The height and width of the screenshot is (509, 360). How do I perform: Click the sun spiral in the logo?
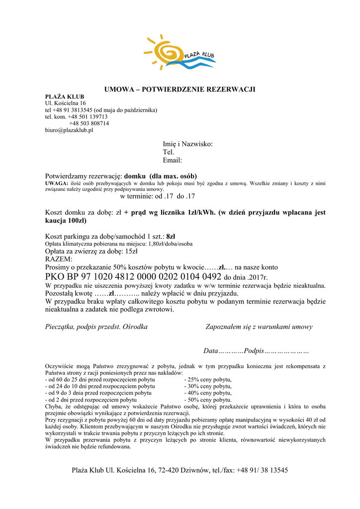click(165, 49)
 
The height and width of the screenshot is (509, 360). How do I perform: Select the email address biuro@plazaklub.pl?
click(69, 130)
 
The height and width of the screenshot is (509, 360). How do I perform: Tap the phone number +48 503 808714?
click(89, 123)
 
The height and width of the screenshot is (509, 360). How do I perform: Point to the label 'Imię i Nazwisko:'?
click(187, 144)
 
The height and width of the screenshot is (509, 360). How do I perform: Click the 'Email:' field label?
click(172, 161)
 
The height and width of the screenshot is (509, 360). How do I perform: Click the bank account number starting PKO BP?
click(133, 277)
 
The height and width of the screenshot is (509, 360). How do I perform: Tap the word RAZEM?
click(59, 259)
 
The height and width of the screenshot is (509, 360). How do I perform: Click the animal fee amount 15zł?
click(131, 252)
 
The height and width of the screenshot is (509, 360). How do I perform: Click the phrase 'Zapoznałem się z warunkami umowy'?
click(259, 327)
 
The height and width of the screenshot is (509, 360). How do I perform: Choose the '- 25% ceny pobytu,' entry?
click(208, 379)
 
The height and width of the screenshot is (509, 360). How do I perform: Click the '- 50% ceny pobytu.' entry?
click(208, 399)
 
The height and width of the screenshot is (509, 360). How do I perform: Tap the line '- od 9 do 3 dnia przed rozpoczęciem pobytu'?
click(98, 393)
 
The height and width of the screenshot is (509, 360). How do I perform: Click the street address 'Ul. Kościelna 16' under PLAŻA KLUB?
click(66, 103)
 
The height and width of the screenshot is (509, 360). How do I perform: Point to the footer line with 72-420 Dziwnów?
click(180, 470)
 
